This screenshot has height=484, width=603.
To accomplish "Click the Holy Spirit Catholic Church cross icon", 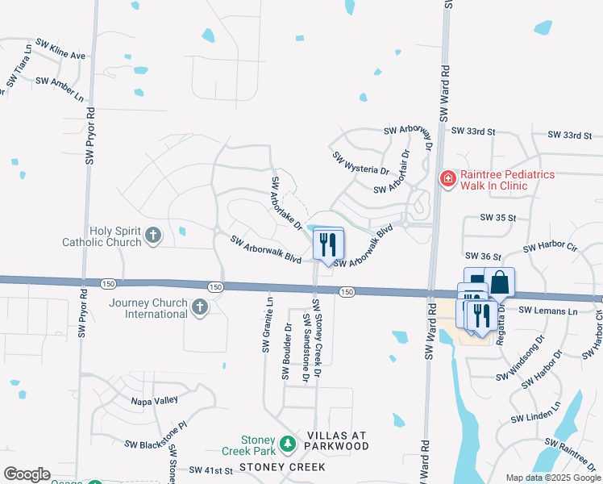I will (153, 236).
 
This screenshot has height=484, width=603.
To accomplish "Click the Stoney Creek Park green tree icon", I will (287, 444).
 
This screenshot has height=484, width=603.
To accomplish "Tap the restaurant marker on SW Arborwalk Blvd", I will (327, 242).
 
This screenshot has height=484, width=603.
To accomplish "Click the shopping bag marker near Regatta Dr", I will (499, 283).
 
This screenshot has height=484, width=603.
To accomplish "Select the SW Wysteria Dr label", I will (360, 164).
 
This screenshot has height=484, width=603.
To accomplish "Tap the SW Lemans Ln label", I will (549, 310).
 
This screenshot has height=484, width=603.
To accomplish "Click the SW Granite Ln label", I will (266, 325).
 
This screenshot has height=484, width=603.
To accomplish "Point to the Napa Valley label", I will (155, 400).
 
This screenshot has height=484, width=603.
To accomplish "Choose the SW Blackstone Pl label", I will (156, 435).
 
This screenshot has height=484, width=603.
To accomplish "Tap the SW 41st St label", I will (210, 469).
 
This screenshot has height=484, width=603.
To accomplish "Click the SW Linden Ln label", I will (534, 415).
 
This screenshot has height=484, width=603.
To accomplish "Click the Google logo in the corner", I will (27, 474).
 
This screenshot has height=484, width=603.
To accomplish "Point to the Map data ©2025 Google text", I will (553, 478).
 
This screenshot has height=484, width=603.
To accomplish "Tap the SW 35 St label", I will (497, 218).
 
